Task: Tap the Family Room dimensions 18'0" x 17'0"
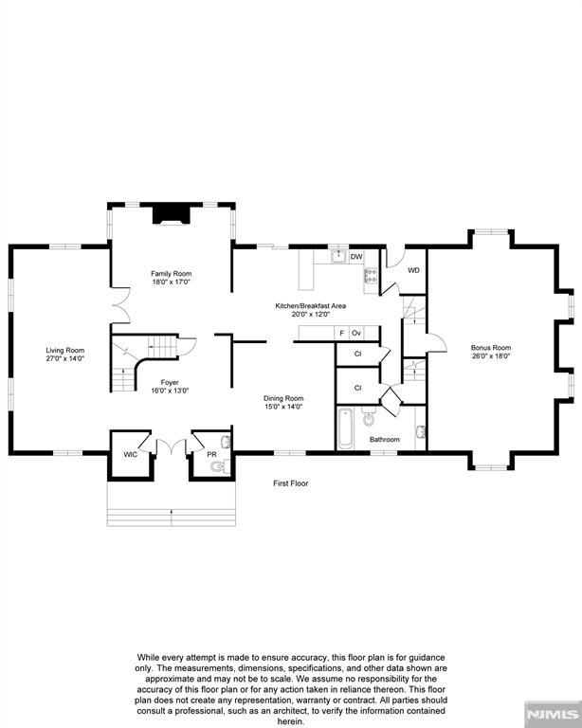coord(172,282)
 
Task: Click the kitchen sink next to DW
coord(337,256)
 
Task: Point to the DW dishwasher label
coord(356,257)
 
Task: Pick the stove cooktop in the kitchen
coord(372,278)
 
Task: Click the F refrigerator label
coord(342,334)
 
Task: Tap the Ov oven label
coord(357,334)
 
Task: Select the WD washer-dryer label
coord(413,270)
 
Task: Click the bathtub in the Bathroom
coord(346,452)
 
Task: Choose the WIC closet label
coord(131,455)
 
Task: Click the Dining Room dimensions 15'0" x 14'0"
coord(283,433)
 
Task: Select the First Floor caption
coord(291,483)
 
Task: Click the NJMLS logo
coord(553,713)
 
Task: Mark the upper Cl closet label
coord(358,380)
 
